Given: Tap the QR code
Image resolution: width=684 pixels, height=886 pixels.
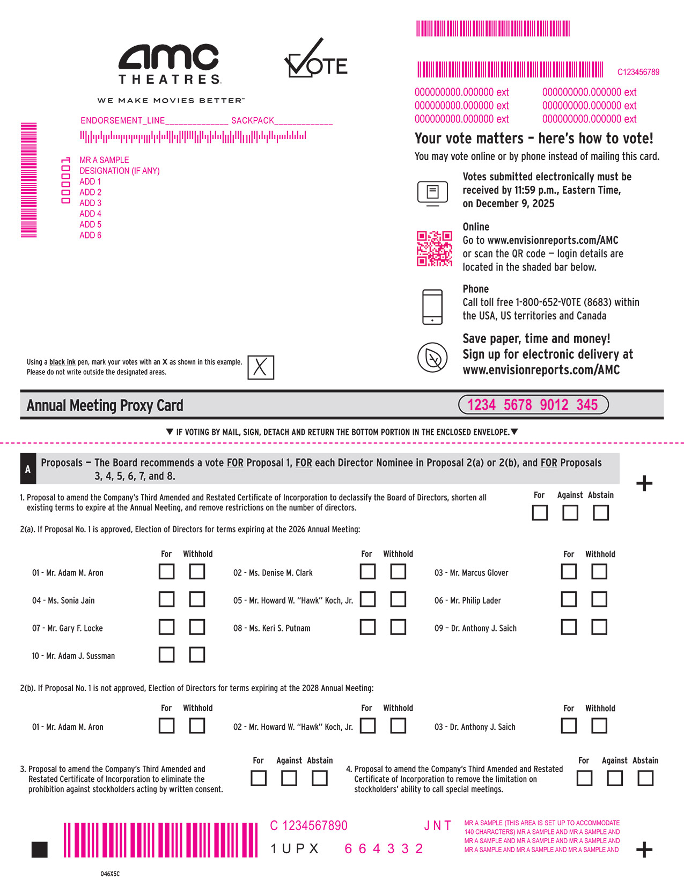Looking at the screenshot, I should pyautogui.click(x=435, y=249).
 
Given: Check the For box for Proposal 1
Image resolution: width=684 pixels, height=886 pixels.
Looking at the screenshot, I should pyautogui.click(x=540, y=513).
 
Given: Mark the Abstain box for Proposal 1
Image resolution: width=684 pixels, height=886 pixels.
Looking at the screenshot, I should pyautogui.click(x=601, y=513).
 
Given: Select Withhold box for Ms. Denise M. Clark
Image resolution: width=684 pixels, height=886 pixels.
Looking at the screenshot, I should pyautogui.click(x=398, y=571).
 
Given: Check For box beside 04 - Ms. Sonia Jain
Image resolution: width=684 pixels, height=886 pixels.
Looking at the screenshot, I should pyautogui.click(x=166, y=599).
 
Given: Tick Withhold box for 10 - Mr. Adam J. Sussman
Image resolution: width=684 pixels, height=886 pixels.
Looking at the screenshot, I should pyautogui.click(x=197, y=655).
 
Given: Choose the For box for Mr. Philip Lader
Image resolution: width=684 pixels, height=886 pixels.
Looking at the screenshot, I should pyautogui.click(x=569, y=599).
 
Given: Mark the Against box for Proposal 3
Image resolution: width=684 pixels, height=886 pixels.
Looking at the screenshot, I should pyautogui.click(x=289, y=778).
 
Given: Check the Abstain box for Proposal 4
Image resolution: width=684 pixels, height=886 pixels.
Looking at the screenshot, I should pyautogui.click(x=645, y=778).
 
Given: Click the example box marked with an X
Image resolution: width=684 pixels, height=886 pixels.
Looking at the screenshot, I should pyautogui.click(x=261, y=368).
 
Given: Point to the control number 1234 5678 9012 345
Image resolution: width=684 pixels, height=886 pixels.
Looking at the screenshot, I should pyautogui.click(x=533, y=405).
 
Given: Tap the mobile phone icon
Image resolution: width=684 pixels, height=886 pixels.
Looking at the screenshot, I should pyautogui.click(x=432, y=307).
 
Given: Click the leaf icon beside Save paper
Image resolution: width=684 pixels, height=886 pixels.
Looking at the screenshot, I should pyautogui.click(x=432, y=357).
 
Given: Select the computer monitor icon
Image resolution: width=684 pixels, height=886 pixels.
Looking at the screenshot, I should pyautogui.click(x=432, y=193).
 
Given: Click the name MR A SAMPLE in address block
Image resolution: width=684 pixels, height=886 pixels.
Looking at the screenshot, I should pyautogui.click(x=104, y=160).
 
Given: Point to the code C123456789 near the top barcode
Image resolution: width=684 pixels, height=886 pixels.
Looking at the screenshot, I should pyautogui.click(x=638, y=72).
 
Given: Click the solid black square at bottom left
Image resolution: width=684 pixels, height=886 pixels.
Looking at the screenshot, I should pyautogui.click(x=40, y=849).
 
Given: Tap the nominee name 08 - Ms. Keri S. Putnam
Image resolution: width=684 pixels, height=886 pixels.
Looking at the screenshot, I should pyautogui.click(x=272, y=628).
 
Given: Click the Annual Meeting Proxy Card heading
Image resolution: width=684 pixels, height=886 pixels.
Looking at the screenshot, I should pyautogui.click(x=105, y=405).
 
